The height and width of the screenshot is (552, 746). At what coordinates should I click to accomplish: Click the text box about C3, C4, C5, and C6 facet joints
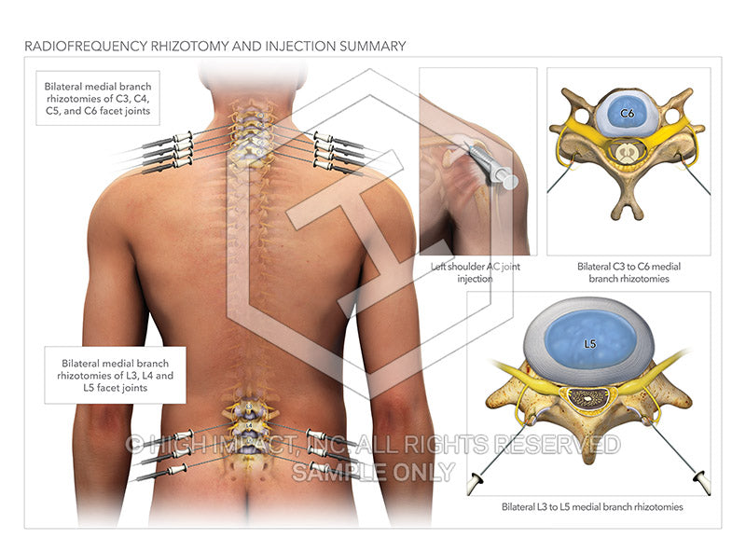(96, 99)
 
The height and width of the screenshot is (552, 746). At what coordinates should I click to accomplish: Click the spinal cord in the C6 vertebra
(628, 148)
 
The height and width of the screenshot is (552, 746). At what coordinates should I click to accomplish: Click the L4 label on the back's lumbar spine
(249, 425)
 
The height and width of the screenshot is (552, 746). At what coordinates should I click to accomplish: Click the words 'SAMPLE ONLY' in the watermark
(373, 471)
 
